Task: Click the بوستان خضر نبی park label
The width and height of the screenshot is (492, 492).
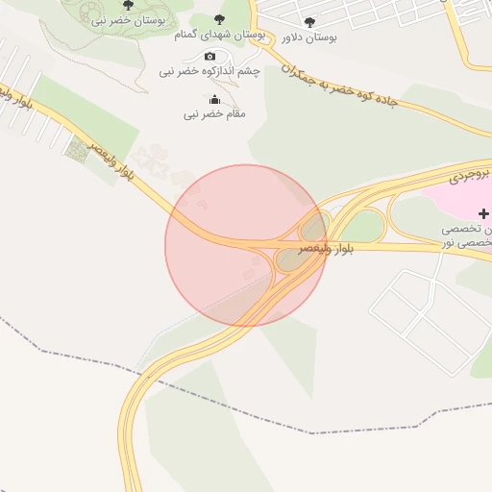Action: (x=127, y=20)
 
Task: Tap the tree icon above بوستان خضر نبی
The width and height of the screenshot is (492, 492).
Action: (x=128, y=6)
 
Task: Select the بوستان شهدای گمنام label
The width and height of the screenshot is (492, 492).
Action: (x=219, y=35)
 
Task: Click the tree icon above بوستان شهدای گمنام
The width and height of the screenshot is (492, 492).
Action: (x=220, y=19)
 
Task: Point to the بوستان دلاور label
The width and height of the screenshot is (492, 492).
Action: (x=309, y=37)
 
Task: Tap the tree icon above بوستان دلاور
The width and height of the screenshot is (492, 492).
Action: (x=308, y=22)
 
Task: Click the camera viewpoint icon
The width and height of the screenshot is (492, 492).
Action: (x=210, y=56)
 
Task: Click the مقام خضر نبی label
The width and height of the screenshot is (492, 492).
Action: (x=214, y=114)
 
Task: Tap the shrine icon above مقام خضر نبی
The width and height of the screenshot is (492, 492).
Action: (x=214, y=100)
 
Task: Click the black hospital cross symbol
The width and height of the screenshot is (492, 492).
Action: (x=483, y=213)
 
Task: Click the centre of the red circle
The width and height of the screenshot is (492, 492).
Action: (x=245, y=245)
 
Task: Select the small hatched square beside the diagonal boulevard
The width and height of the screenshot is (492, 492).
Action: (x=77, y=146)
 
